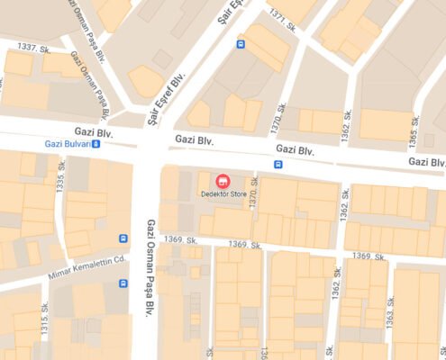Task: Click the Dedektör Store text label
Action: [x=225, y=193]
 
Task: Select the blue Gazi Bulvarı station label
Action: [x=67, y=143]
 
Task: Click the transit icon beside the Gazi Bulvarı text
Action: [x=96, y=143]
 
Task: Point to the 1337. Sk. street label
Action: [x=33, y=47]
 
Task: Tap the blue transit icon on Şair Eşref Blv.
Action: [x=241, y=43]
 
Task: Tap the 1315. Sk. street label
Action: [x=44, y=319]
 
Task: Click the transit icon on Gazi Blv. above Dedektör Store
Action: [x=278, y=164]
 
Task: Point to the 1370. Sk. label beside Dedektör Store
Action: [x=255, y=193]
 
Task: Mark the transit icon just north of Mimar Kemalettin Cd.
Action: [x=123, y=238]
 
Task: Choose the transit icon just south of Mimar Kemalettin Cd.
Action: [x=123, y=283]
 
